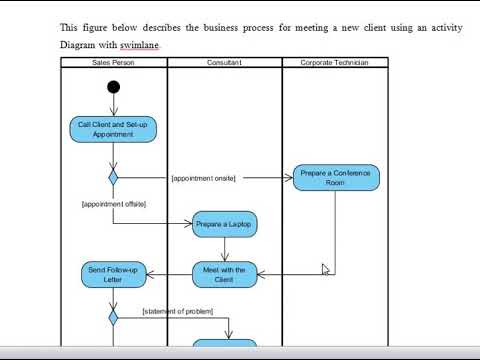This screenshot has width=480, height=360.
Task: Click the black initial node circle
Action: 113,87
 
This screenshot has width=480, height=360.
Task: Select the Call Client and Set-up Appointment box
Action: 113,129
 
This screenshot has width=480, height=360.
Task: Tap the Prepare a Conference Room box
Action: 336,178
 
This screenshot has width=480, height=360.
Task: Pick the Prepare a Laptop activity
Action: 225,225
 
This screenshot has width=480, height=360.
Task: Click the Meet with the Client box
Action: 225,274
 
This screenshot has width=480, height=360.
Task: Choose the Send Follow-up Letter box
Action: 113,274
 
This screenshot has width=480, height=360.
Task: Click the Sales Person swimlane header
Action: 113,63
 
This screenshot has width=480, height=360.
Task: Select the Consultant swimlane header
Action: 224,63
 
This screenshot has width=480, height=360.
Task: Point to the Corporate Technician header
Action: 334,63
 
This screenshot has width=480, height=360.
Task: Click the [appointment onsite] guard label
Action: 203,178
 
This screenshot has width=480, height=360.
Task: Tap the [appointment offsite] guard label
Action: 114,203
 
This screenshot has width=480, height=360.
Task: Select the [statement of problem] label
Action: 178,311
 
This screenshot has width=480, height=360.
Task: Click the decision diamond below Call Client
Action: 113,177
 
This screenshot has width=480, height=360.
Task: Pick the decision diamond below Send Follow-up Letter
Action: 113,316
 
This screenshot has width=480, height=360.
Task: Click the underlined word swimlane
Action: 139,45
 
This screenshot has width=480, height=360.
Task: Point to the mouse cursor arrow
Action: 325,269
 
